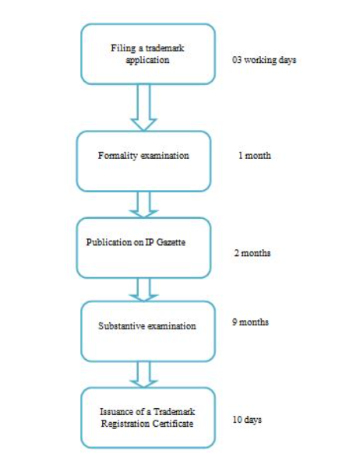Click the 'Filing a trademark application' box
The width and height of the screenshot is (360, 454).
click(x=148, y=55)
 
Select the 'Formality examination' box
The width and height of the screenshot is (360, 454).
click(x=143, y=161)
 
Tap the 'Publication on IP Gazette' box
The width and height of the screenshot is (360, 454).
click(x=143, y=248)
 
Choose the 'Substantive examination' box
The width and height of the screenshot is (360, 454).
click(x=148, y=331)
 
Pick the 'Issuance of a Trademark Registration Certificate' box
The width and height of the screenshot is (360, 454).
click(x=148, y=417)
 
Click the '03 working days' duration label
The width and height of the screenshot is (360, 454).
click(x=264, y=60)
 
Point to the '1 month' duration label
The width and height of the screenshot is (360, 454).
click(x=255, y=156)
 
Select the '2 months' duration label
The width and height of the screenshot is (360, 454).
click(x=252, y=253)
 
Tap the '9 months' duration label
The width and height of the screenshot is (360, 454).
click(x=250, y=322)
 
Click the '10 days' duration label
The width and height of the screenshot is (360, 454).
click(x=247, y=420)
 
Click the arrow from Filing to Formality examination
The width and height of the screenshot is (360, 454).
click(x=143, y=107)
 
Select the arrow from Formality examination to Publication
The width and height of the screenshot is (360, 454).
click(x=143, y=205)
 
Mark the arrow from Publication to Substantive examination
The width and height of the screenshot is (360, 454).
click(x=143, y=290)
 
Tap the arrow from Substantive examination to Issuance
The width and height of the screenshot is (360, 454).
click(x=143, y=375)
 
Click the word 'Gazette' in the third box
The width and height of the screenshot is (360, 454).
click(x=171, y=242)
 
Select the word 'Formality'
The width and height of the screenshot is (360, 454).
click(x=118, y=156)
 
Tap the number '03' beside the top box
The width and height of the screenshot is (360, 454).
click(x=237, y=60)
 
